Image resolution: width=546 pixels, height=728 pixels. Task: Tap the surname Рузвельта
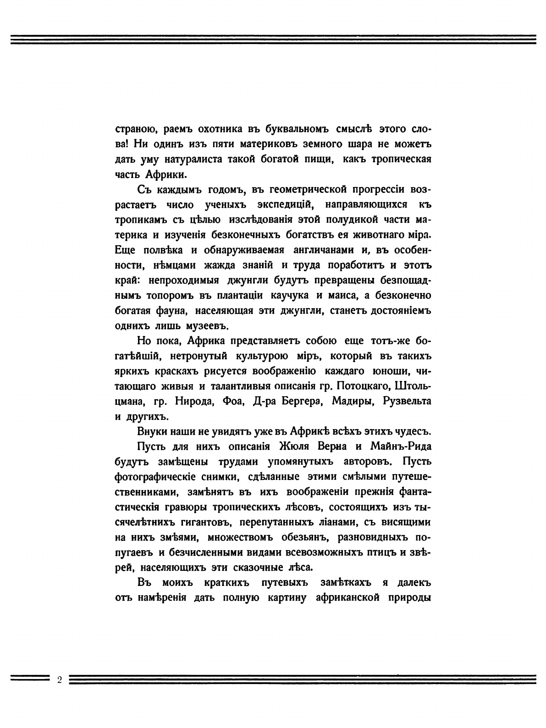(x=408, y=401)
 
